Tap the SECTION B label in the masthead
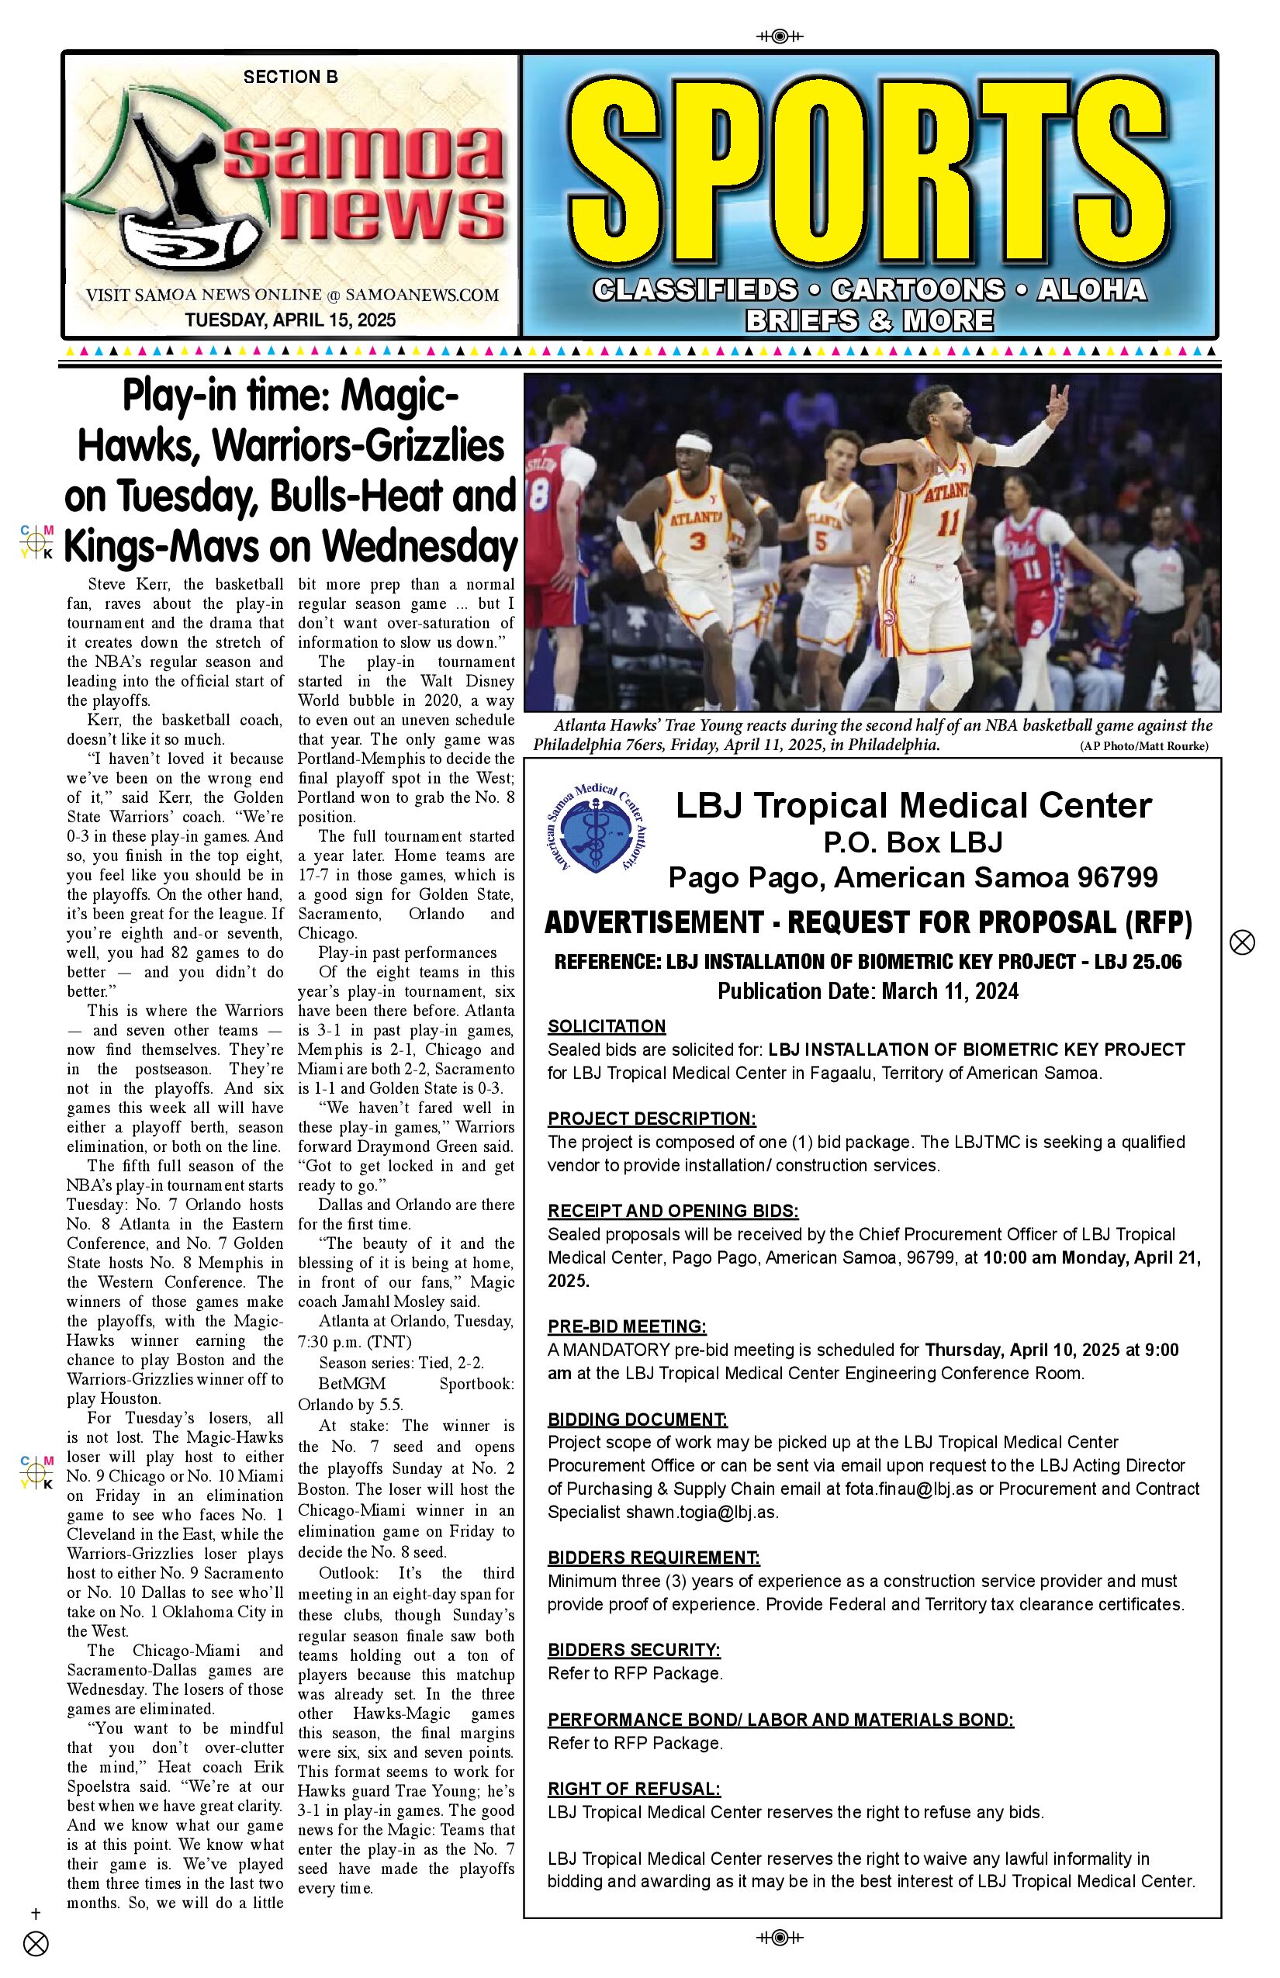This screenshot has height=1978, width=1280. [x=290, y=78]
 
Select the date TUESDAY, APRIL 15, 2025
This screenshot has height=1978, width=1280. [x=290, y=320]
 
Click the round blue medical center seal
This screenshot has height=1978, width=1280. [x=597, y=829]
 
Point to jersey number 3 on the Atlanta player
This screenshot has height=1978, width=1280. [x=697, y=541]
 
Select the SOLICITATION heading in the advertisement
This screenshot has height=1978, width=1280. [x=607, y=1025]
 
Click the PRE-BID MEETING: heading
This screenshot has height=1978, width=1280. [x=627, y=1326]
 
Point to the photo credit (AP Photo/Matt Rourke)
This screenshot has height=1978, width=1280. [x=1143, y=746]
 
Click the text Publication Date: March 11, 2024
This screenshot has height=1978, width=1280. [x=868, y=991]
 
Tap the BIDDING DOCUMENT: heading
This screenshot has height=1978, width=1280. [x=638, y=1419]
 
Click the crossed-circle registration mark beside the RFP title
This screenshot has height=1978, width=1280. [x=1242, y=942]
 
